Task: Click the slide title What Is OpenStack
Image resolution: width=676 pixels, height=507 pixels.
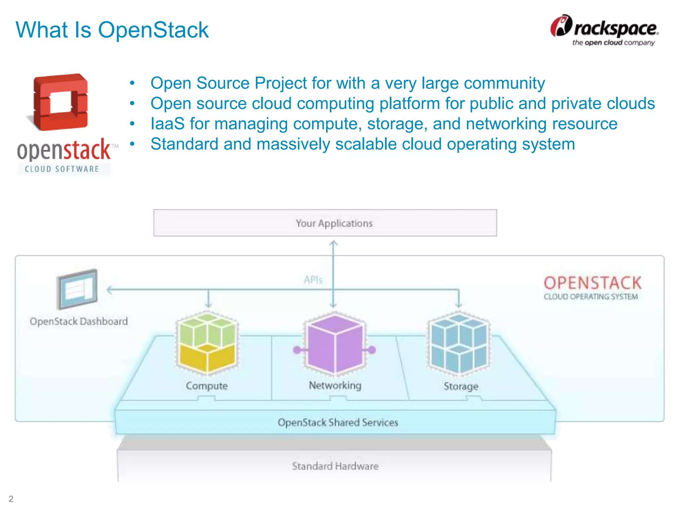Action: point(112,30)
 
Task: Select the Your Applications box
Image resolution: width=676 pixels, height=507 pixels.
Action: point(325,223)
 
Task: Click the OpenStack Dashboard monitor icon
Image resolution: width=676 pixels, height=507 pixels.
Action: point(77,289)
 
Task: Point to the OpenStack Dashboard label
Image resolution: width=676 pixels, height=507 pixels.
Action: point(79,321)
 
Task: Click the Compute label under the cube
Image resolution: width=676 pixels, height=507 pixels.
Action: point(207,386)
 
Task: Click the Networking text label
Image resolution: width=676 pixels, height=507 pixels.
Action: point(335,385)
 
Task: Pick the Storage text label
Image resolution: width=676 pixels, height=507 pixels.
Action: point(461,386)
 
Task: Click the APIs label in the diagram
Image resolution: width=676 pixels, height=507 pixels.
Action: point(313,280)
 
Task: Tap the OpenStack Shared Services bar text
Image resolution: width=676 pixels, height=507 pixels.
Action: point(338,422)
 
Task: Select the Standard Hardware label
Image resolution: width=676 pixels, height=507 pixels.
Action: point(335,466)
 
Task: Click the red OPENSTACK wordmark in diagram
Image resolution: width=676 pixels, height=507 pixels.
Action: point(592,283)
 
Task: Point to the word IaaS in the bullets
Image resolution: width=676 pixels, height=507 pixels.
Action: point(167,124)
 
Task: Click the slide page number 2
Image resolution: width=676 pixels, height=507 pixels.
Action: point(11,498)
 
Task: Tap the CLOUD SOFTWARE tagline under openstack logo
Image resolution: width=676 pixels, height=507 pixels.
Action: point(62,169)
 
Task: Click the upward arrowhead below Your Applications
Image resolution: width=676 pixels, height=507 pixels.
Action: point(333,243)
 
